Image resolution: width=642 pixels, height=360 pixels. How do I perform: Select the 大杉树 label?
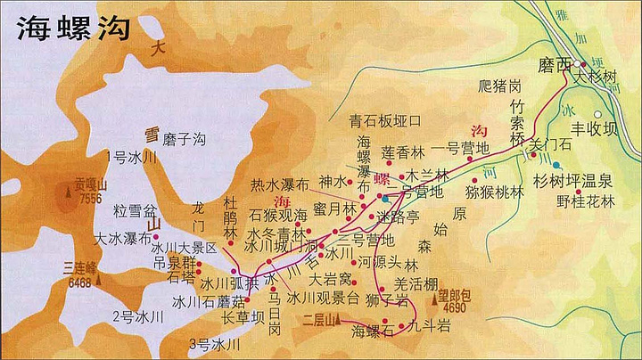pyautogui.click(x=597, y=78)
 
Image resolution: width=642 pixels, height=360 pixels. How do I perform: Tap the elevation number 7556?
pyautogui.click(x=91, y=199)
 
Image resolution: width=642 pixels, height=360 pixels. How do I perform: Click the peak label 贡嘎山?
pyautogui.click(x=91, y=185)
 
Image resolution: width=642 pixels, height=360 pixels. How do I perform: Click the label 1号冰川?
pyautogui.click(x=131, y=157)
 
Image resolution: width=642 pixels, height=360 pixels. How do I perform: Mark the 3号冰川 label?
pyautogui.click(x=215, y=343)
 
